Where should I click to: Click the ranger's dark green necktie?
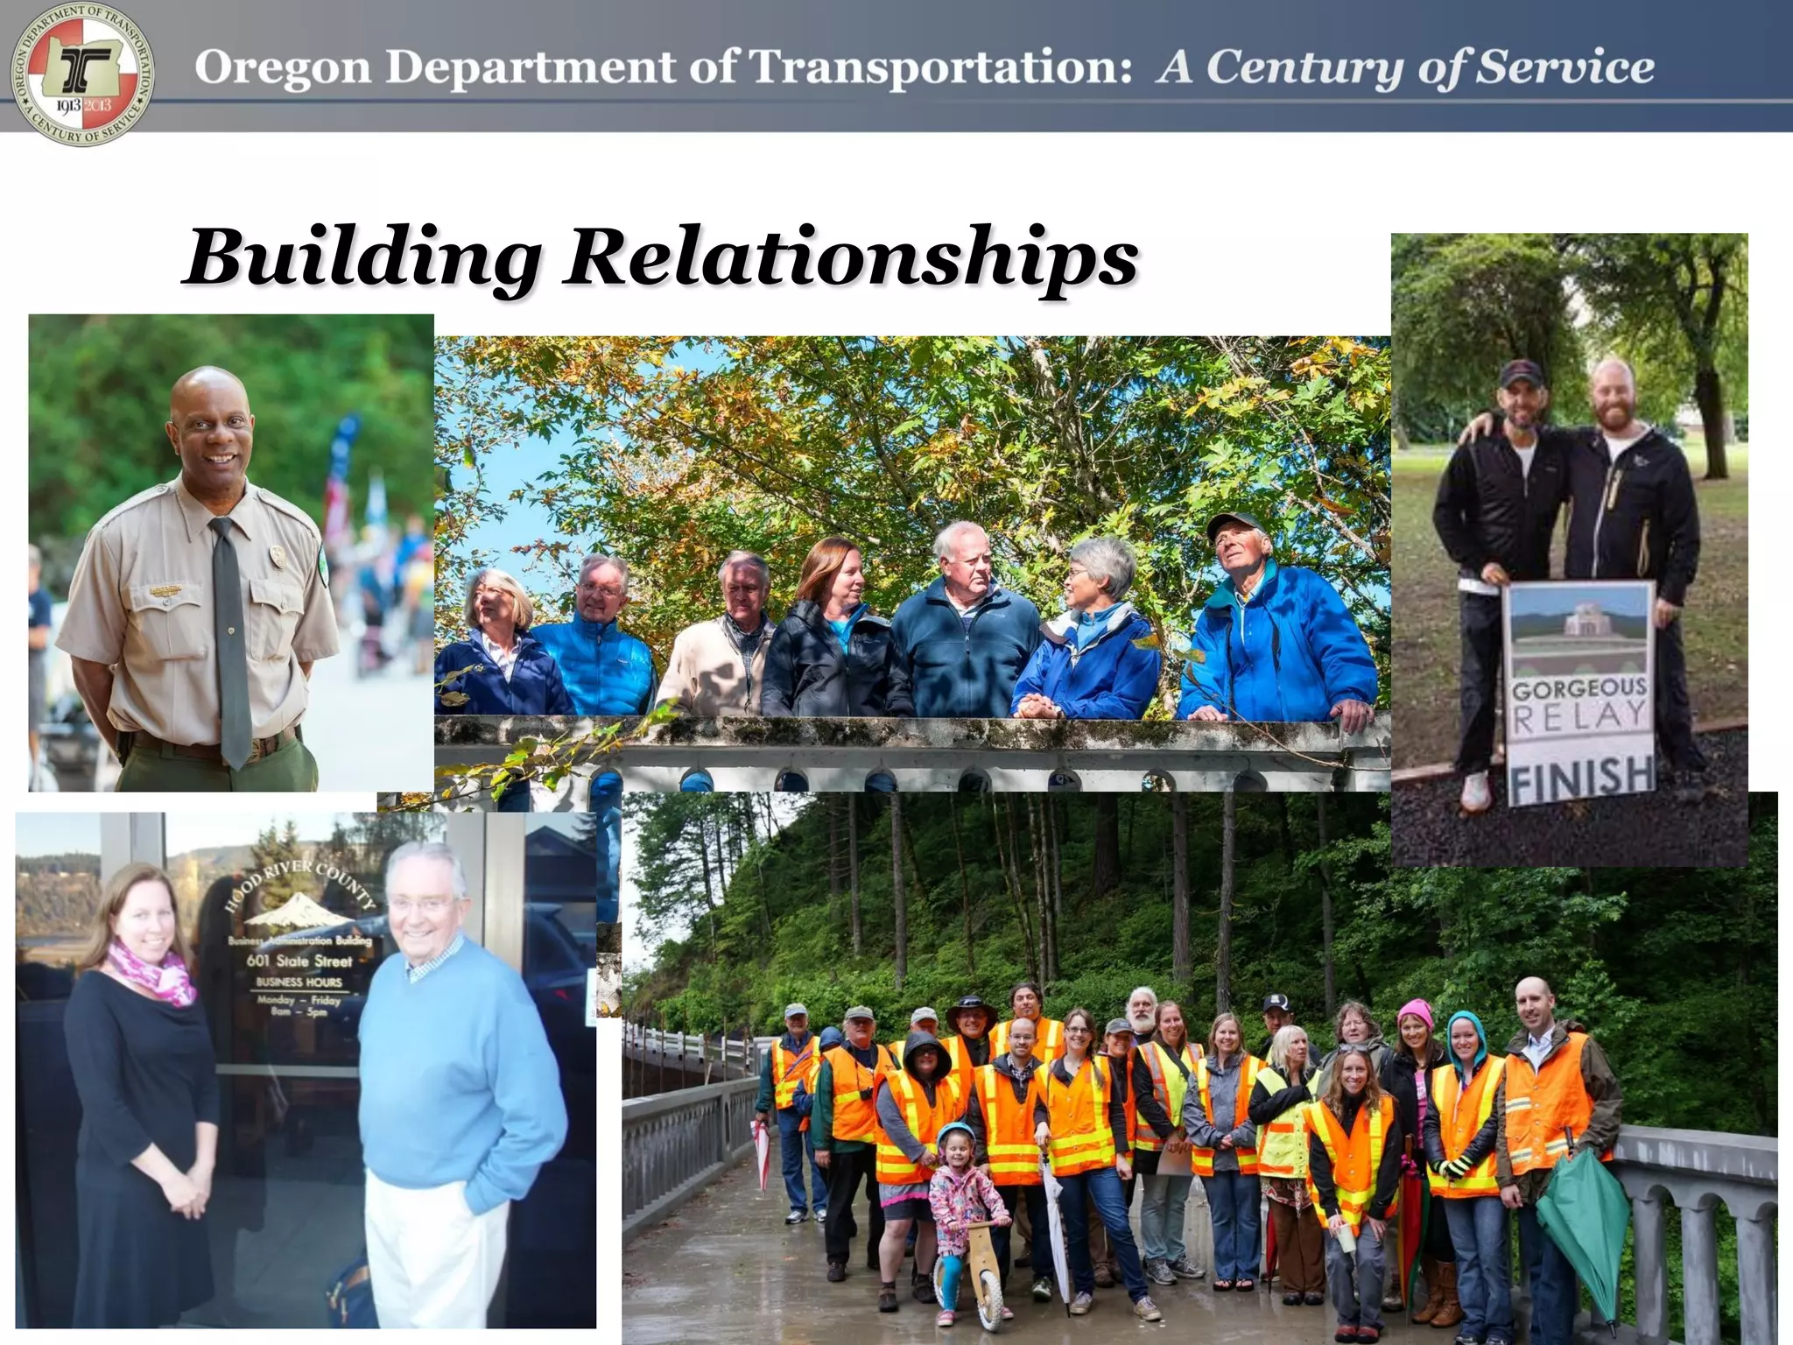[229, 639]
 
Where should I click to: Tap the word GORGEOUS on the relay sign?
[1579, 690]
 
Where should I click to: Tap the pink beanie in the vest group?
[1415, 1013]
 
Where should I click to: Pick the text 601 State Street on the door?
[299, 961]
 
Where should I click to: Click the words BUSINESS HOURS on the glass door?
[299, 982]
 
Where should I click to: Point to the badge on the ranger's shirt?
[278, 555]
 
